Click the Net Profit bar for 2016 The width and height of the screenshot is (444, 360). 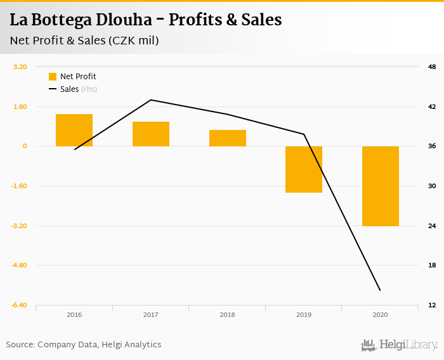(74, 131)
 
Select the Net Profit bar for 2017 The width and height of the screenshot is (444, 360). (151, 134)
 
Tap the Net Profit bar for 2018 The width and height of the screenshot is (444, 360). (228, 138)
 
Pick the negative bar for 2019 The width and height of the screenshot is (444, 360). (304, 169)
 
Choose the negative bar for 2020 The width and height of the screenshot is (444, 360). (381, 186)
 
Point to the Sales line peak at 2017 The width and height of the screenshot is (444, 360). (151, 100)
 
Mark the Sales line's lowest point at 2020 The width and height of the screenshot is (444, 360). (380, 290)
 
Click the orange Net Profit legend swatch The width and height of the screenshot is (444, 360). (53, 77)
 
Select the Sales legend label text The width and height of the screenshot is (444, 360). (69, 89)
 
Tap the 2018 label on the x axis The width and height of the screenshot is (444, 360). (227, 314)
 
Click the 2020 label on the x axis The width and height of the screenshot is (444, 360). (381, 314)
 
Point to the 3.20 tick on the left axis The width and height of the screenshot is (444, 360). (20, 67)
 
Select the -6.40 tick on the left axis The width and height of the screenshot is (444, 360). (19, 305)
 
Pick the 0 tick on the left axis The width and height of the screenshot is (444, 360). (25, 146)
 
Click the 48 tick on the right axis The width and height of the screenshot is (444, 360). (432, 67)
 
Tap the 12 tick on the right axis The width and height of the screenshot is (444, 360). (432, 305)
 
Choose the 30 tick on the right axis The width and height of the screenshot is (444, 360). (432, 186)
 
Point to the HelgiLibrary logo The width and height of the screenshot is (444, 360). (400, 345)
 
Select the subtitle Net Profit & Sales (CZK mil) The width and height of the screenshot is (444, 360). (84, 41)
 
